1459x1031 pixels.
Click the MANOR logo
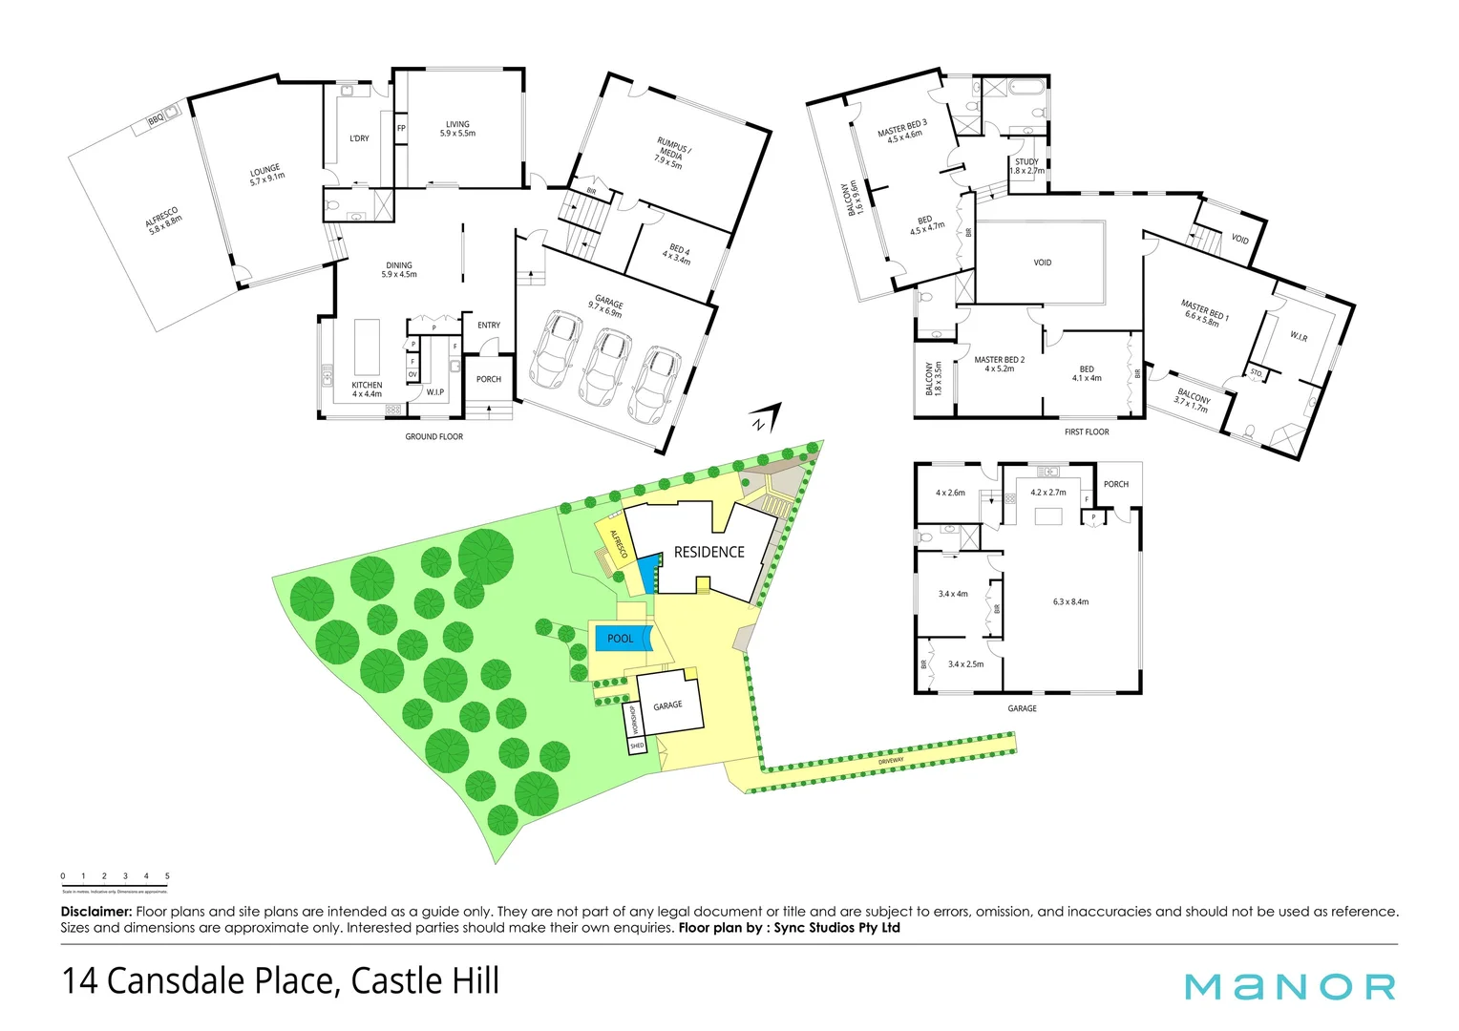tap(1289, 986)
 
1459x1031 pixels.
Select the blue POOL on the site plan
tap(622, 638)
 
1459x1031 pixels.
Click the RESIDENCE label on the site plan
tap(708, 552)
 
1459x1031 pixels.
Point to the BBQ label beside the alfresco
tap(156, 120)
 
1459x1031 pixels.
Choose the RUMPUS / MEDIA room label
tap(671, 153)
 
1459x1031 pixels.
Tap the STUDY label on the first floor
tap(1026, 162)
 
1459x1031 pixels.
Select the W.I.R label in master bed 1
tap(1299, 337)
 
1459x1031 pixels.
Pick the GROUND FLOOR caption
tap(433, 436)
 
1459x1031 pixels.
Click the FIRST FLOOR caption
tap(1087, 431)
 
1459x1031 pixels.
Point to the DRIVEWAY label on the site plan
tap(891, 760)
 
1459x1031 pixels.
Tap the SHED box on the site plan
tap(637, 746)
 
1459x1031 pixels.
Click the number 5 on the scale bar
tap(167, 876)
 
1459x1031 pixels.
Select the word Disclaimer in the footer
tap(95, 912)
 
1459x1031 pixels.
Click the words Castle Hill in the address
tap(425, 981)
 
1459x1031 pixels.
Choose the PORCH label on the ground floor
tap(489, 379)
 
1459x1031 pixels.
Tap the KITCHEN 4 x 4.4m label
tap(367, 389)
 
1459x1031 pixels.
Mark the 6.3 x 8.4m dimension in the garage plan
tap(1070, 601)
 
